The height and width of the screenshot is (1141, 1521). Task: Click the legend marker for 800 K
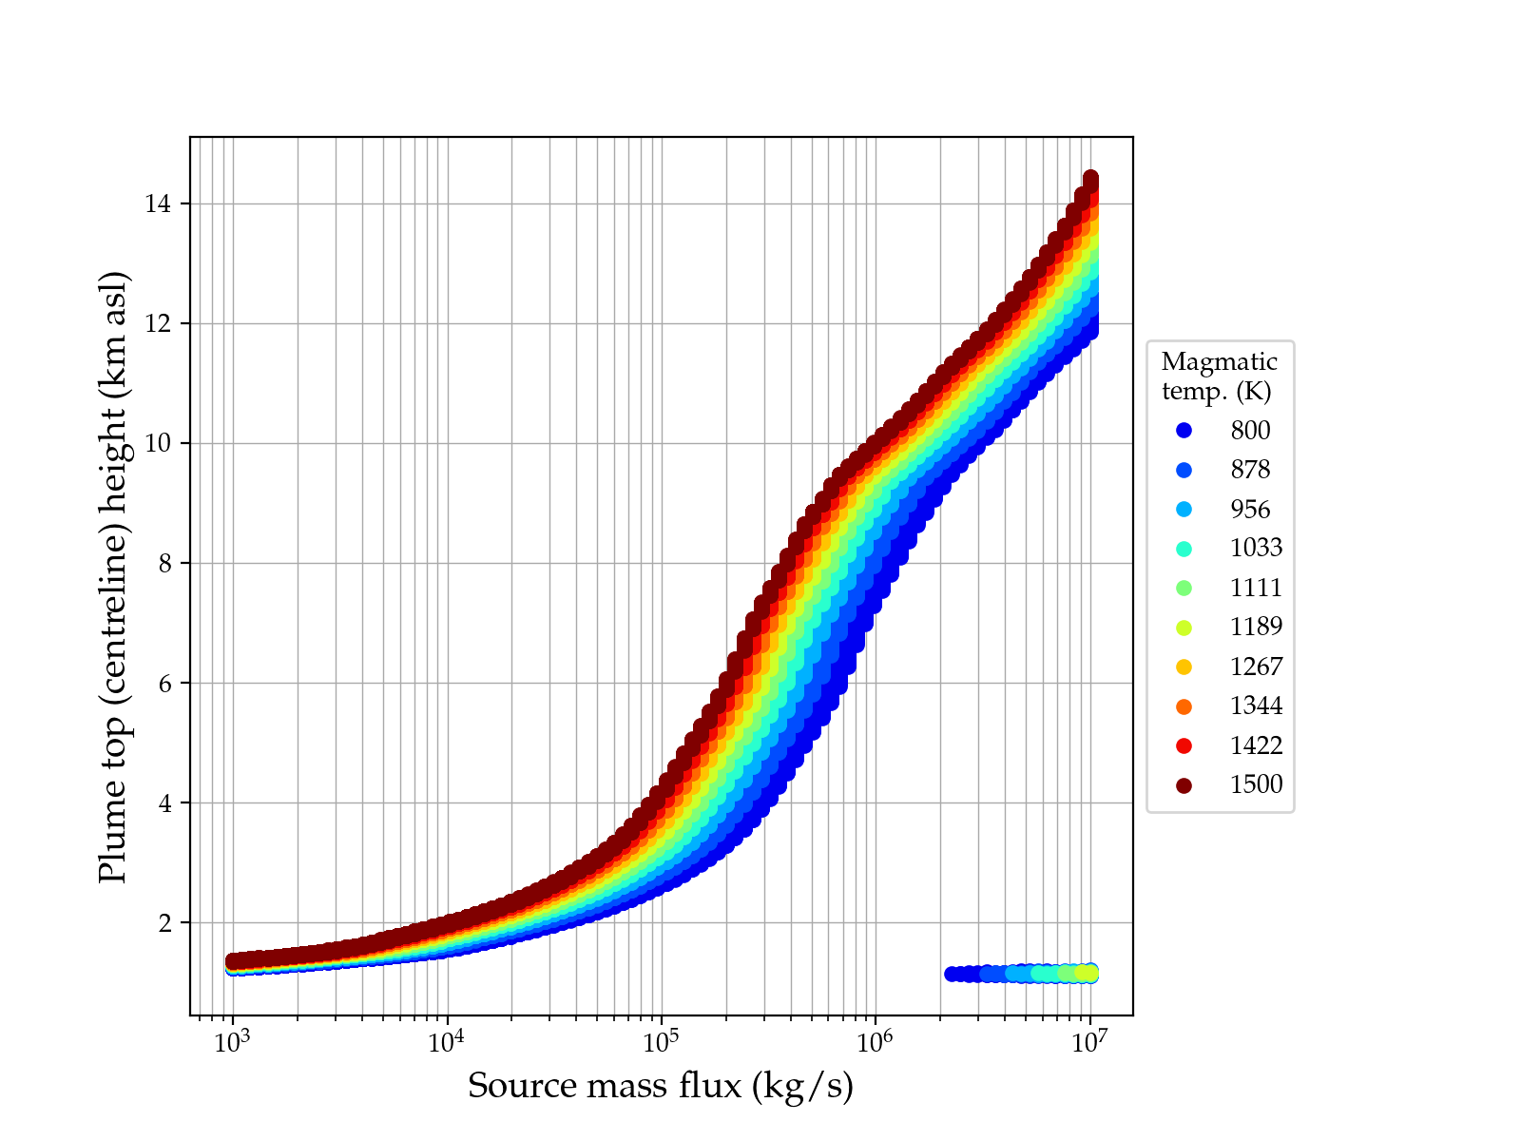tap(1184, 431)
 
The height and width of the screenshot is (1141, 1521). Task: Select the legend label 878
tap(1250, 470)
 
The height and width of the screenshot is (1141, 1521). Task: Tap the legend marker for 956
tap(1184, 510)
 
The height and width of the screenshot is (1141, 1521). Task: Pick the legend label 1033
tap(1256, 549)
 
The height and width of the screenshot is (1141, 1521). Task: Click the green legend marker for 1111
tap(1184, 588)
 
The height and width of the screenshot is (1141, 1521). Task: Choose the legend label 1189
tap(1256, 628)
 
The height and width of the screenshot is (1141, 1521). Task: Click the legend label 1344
tap(1256, 706)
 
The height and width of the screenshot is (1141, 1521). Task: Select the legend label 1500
tap(1256, 785)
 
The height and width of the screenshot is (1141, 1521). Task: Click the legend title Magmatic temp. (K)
tap(1220, 377)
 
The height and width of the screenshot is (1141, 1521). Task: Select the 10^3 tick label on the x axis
tap(232, 1042)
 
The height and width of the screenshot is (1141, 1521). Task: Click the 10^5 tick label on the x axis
tap(661, 1042)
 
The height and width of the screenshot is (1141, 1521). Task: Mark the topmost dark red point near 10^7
tap(1091, 179)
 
